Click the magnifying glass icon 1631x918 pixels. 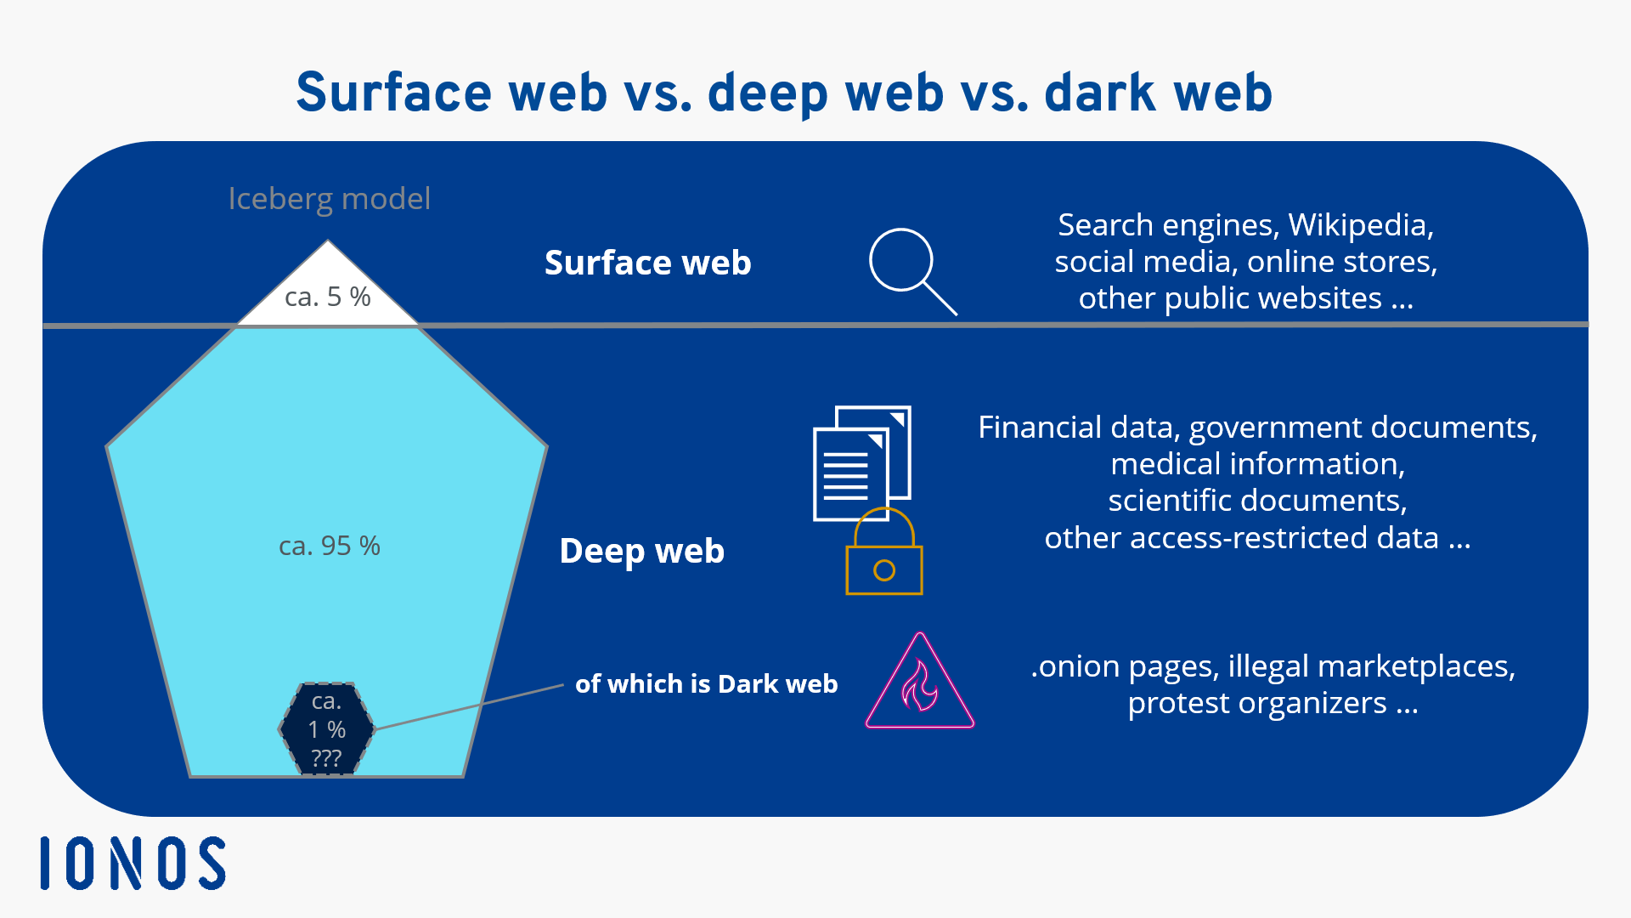point(906,264)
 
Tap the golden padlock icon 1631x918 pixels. point(883,558)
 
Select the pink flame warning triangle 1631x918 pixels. point(919,684)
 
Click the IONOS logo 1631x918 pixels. point(133,864)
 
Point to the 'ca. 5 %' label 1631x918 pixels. point(327,297)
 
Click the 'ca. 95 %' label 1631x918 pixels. point(330,546)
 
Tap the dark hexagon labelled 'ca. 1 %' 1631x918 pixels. point(326,728)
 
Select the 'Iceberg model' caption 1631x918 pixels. point(330,199)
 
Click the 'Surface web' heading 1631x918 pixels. point(647,263)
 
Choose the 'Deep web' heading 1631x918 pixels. point(641,551)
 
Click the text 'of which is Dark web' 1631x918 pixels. point(706,683)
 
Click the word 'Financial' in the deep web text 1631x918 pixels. point(1039,428)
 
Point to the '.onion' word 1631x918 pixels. point(1075,666)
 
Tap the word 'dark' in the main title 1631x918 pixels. point(1100,93)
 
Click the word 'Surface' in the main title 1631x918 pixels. point(393,93)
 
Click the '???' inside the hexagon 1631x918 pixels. point(326,757)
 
